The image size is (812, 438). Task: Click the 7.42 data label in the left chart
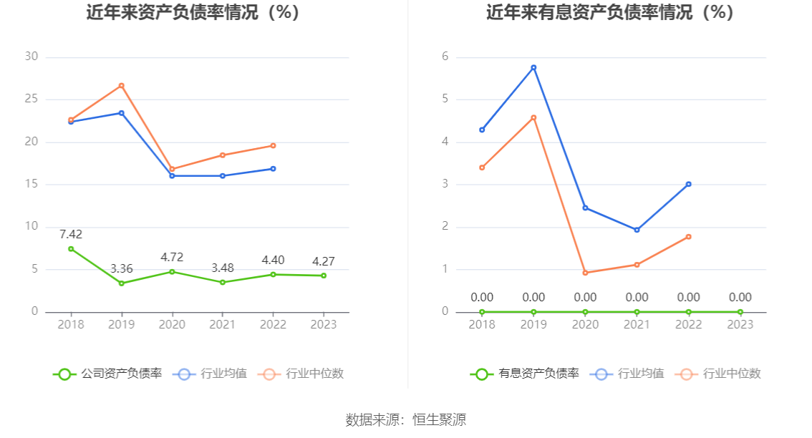pos(71,234)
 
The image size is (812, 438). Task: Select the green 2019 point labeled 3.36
pos(122,283)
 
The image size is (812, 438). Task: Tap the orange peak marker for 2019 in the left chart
pos(122,85)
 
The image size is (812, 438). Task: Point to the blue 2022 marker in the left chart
pos(273,169)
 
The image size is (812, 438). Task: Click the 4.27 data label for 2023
pos(324,261)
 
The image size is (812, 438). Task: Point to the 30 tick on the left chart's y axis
pos(31,57)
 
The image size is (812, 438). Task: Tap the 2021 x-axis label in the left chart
pos(223,324)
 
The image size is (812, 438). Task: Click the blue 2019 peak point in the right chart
pos(533,67)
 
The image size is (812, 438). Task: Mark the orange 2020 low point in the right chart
pos(585,273)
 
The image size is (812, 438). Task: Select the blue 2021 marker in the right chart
pos(637,230)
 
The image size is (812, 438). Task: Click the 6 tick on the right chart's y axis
pos(445,57)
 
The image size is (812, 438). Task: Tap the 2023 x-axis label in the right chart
pos(740,324)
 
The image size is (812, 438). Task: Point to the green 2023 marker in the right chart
pos(740,312)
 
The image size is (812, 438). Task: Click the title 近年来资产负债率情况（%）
pos(193,13)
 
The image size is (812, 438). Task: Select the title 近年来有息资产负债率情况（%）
pos(610,13)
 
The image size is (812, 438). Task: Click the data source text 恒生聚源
pos(439,420)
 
